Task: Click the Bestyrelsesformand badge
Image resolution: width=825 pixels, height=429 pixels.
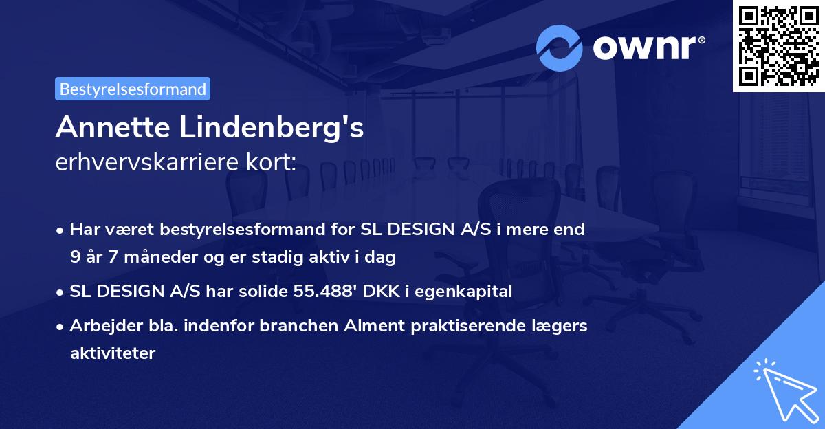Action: point(133,89)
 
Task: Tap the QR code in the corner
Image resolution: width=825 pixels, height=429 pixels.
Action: point(778,45)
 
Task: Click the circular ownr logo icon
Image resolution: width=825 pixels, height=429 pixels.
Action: point(560,48)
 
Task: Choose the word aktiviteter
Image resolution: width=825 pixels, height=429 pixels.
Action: point(113,353)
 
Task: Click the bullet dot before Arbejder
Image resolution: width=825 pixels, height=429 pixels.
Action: point(61,326)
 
